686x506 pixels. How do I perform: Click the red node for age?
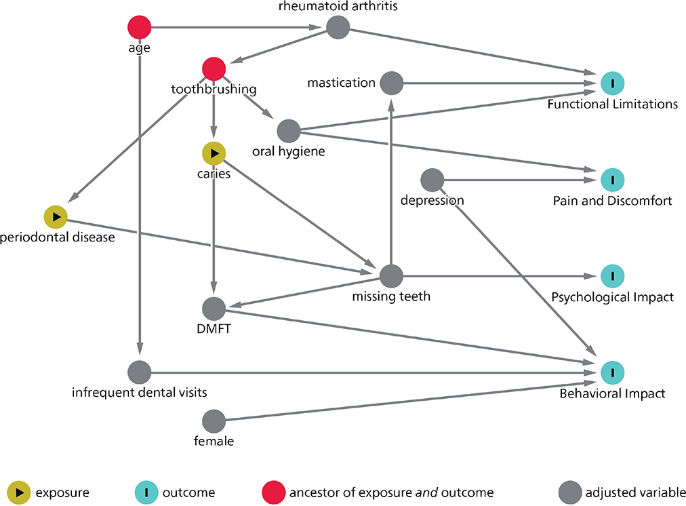(139, 28)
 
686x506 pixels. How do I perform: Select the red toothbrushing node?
(214, 69)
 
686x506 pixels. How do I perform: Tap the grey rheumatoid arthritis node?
(338, 28)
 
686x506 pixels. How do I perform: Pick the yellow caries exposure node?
(214, 154)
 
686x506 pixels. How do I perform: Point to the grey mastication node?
(391, 83)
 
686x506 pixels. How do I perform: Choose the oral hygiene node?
(289, 130)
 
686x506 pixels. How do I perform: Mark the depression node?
(432, 180)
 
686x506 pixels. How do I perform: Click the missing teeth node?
(391, 276)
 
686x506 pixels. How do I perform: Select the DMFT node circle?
(214, 309)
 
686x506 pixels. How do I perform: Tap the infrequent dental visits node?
(139, 372)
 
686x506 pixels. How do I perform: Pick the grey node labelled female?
(214, 421)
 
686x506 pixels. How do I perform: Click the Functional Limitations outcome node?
(612, 83)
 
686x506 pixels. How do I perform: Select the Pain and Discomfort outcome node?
(612, 180)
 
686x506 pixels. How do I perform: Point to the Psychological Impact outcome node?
(612, 276)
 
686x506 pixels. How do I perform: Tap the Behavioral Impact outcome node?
(612, 372)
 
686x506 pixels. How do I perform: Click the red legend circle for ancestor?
(273, 491)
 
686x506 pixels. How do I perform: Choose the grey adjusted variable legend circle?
(569, 491)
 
